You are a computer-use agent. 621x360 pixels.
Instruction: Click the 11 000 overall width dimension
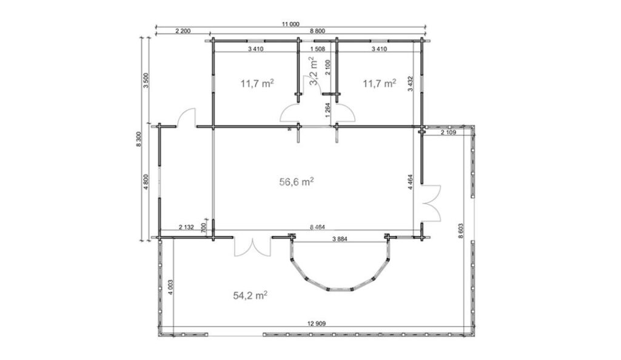290,24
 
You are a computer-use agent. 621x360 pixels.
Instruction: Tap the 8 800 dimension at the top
318,31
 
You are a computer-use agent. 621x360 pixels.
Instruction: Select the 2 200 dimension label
183,31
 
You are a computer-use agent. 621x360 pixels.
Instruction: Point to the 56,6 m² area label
297,182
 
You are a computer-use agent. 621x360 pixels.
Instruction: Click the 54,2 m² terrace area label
250,295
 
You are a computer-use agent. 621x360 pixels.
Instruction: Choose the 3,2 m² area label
313,71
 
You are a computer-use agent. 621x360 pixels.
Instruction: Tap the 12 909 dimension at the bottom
316,324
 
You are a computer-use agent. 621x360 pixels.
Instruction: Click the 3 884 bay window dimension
340,239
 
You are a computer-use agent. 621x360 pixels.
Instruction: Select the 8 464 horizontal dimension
318,227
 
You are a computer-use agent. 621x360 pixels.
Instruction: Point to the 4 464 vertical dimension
410,182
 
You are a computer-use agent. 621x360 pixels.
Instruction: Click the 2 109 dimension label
448,133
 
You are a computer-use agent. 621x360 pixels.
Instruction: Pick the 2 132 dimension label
187,227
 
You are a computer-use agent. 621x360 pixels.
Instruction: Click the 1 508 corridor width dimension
318,49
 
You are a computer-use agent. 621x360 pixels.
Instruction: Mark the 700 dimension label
204,227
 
